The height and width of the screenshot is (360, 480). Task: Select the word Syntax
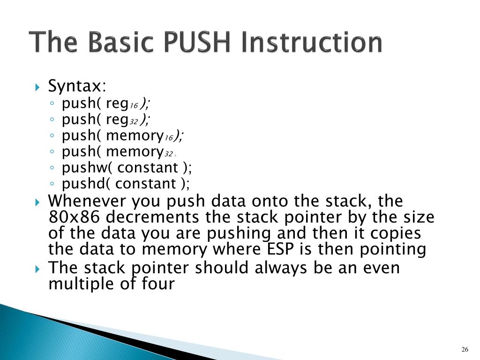76,86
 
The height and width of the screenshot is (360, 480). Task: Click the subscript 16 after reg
134,106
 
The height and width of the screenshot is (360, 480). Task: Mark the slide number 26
465,350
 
